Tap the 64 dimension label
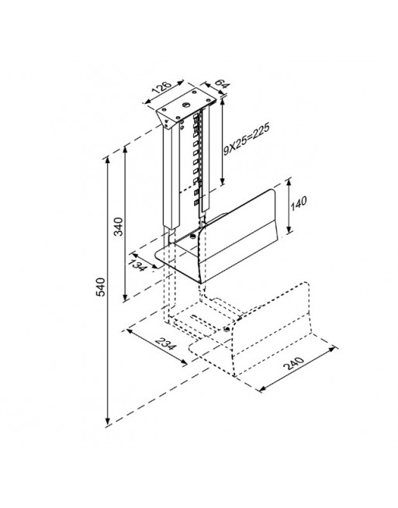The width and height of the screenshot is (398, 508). [x=223, y=84]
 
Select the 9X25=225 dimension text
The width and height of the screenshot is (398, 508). [x=246, y=139]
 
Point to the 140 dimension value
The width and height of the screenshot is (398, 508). [x=299, y=203]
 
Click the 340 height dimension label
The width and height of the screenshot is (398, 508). [x=119, y=226]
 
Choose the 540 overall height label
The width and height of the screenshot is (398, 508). [x=101, y=287]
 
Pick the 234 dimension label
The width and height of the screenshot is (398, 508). [x=166, y=344]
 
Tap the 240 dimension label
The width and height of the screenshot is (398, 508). [x=293, y=363]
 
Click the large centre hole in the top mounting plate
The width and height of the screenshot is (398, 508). [x=186, y=105]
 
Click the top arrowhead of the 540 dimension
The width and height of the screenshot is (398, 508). [x=108, y=162]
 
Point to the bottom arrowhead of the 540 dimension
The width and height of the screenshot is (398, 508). [x=108, y=420]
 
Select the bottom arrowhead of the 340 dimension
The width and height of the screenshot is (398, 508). [x=126, y=297]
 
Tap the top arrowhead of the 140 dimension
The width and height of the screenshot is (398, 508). [x=289, y=181]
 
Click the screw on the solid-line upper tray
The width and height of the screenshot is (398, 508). [x=192, y=237]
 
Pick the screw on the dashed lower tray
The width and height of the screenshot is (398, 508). [x=227, y=330]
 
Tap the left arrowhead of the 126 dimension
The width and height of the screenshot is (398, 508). [x=147, y=102]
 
